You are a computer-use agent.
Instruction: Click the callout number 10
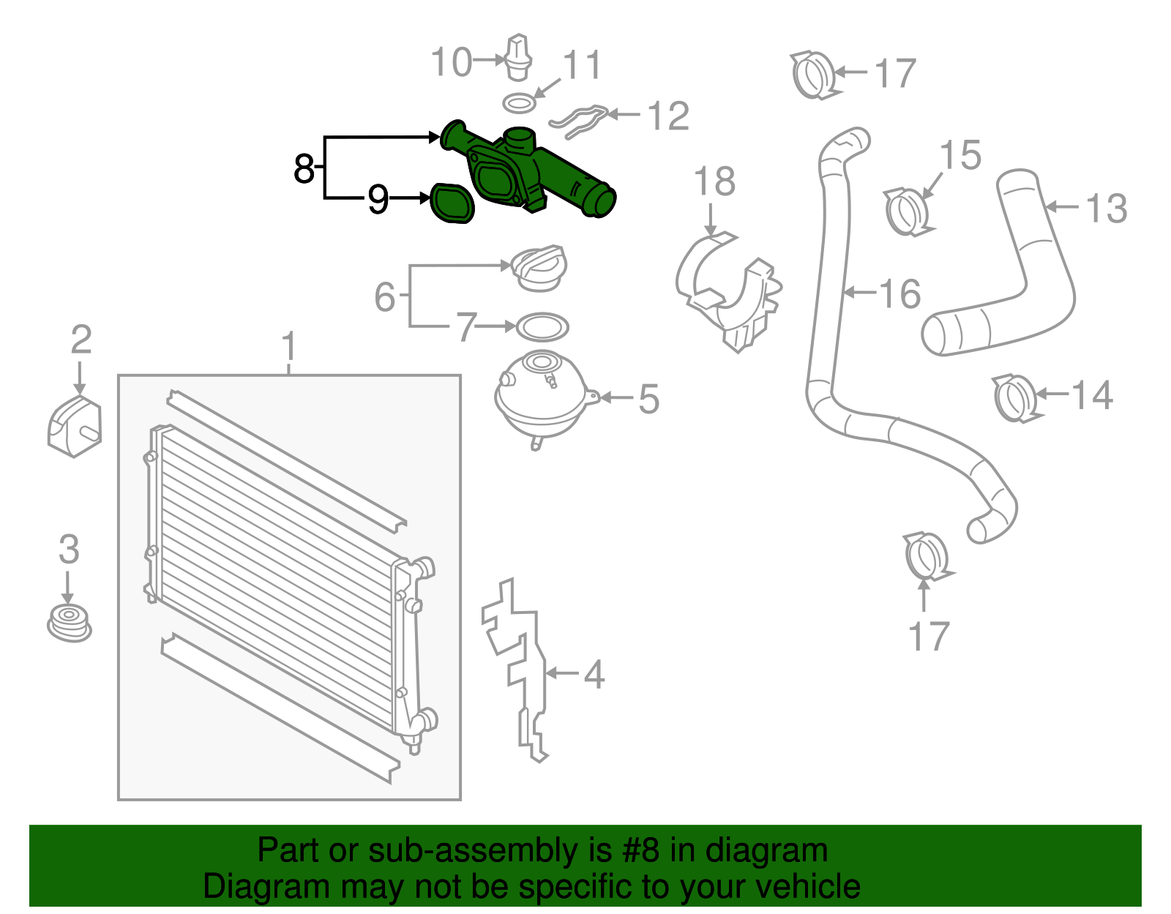[451, 62]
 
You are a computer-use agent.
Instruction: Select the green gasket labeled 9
[451, 203]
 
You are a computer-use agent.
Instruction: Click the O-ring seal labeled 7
[542, 327]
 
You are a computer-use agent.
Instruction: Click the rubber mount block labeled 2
[74, 427]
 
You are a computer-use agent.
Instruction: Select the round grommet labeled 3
[70, 623]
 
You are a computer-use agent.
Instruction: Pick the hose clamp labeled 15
[907, 211]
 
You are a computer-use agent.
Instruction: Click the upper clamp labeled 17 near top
[814, 75]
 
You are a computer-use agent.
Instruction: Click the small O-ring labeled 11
[519, 102]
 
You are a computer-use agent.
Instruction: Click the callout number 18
[714, 182]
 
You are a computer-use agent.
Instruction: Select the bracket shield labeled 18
[728, 293]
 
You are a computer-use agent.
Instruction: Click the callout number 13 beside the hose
[1106, 209]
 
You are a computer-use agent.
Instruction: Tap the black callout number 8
[304, 168]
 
